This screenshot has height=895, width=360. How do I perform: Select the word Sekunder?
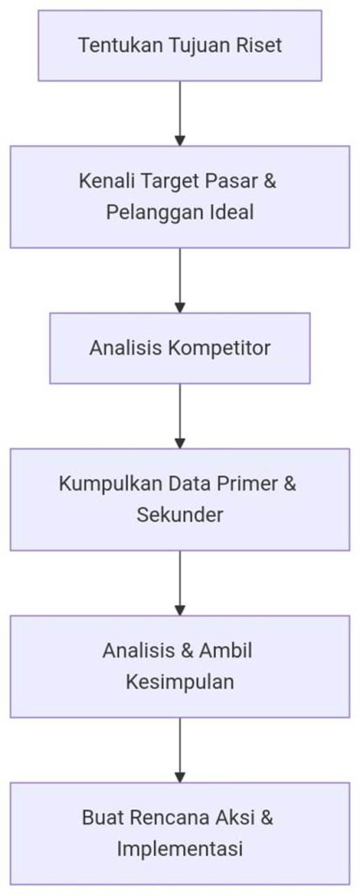point(180,515)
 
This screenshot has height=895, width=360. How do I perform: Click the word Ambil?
point(225,650)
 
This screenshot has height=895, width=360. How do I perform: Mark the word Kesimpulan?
point(180,682)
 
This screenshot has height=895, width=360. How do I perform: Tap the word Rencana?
point(170,817)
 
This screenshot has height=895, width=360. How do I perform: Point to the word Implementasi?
point(180,849)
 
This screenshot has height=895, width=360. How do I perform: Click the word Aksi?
point(234,817)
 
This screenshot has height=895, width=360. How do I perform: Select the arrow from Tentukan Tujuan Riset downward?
point(180,114)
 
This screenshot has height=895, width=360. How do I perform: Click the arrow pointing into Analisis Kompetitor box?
point(180,281)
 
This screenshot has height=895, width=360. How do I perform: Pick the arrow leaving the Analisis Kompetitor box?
point(180,416)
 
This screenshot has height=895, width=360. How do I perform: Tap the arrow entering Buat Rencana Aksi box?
point(180,750)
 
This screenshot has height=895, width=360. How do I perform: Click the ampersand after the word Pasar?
point(270,182)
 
